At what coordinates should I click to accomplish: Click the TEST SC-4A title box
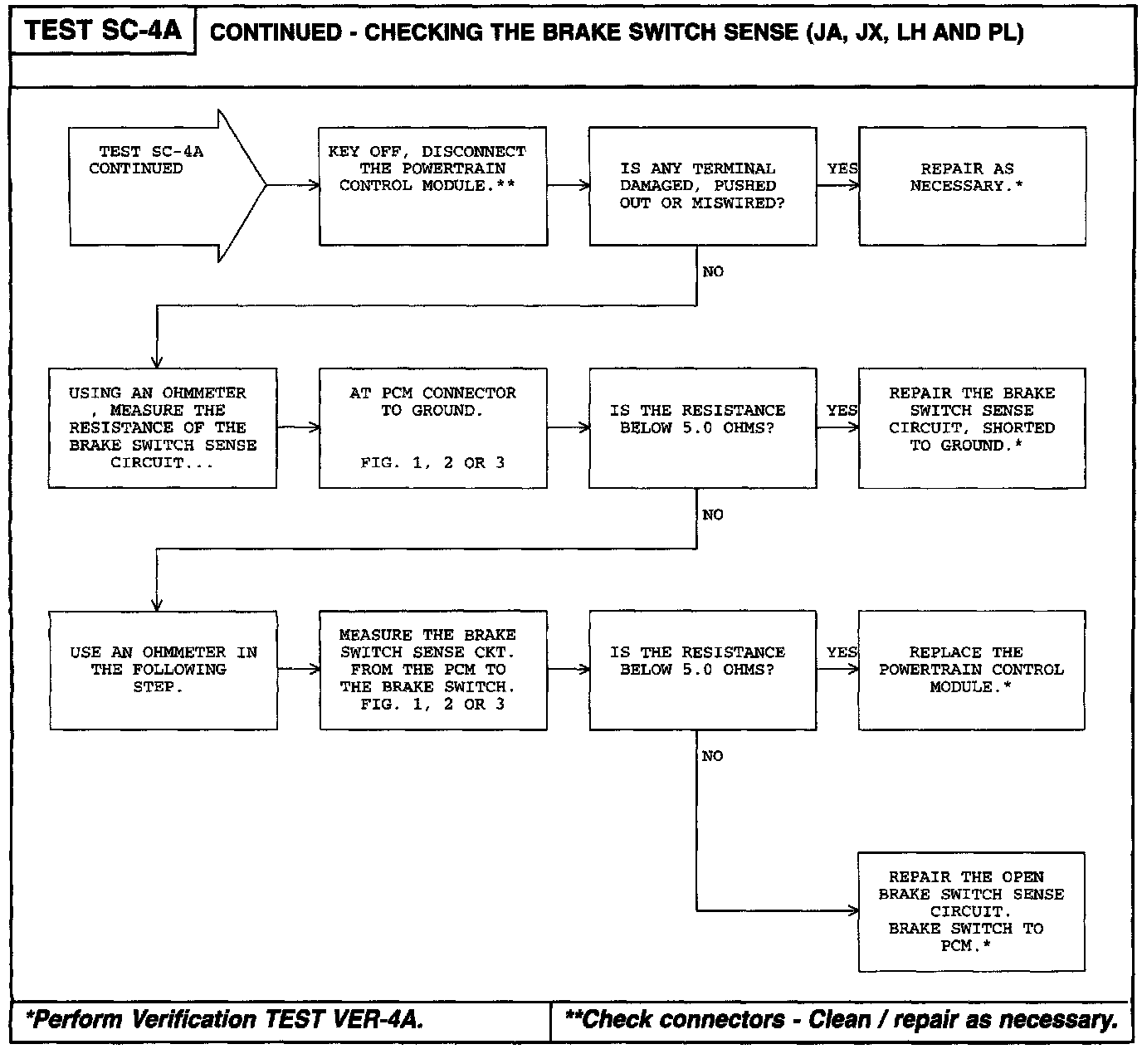[103, 32]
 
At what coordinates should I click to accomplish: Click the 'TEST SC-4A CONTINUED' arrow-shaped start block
[158, 185]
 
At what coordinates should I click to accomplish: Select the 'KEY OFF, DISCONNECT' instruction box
[432, 186]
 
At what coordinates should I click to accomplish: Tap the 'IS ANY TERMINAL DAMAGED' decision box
[702, 186]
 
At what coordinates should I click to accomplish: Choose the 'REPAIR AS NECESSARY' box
[972, 186]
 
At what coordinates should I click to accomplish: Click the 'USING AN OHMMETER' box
[162, 428]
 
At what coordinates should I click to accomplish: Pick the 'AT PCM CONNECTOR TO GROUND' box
[432, 428]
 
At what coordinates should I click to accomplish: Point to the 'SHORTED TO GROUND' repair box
[972, 428]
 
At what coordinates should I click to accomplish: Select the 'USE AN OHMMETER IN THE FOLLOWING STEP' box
[162, 671]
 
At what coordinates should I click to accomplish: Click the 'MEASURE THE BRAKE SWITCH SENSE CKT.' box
[432, 671]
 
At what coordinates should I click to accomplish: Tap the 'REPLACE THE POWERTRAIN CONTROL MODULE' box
[972, 671]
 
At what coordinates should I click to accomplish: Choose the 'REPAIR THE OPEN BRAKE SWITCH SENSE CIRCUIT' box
[972, 911]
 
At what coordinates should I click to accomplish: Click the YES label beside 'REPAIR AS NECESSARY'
[842, 168]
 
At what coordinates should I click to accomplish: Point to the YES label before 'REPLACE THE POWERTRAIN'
[842, 652]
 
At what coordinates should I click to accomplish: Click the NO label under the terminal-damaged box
[713, 272]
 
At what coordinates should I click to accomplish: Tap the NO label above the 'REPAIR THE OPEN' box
[713, 756]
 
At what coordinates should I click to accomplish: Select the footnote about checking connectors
[840, 1019]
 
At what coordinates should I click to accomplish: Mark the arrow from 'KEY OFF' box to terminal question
[569, 186]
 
